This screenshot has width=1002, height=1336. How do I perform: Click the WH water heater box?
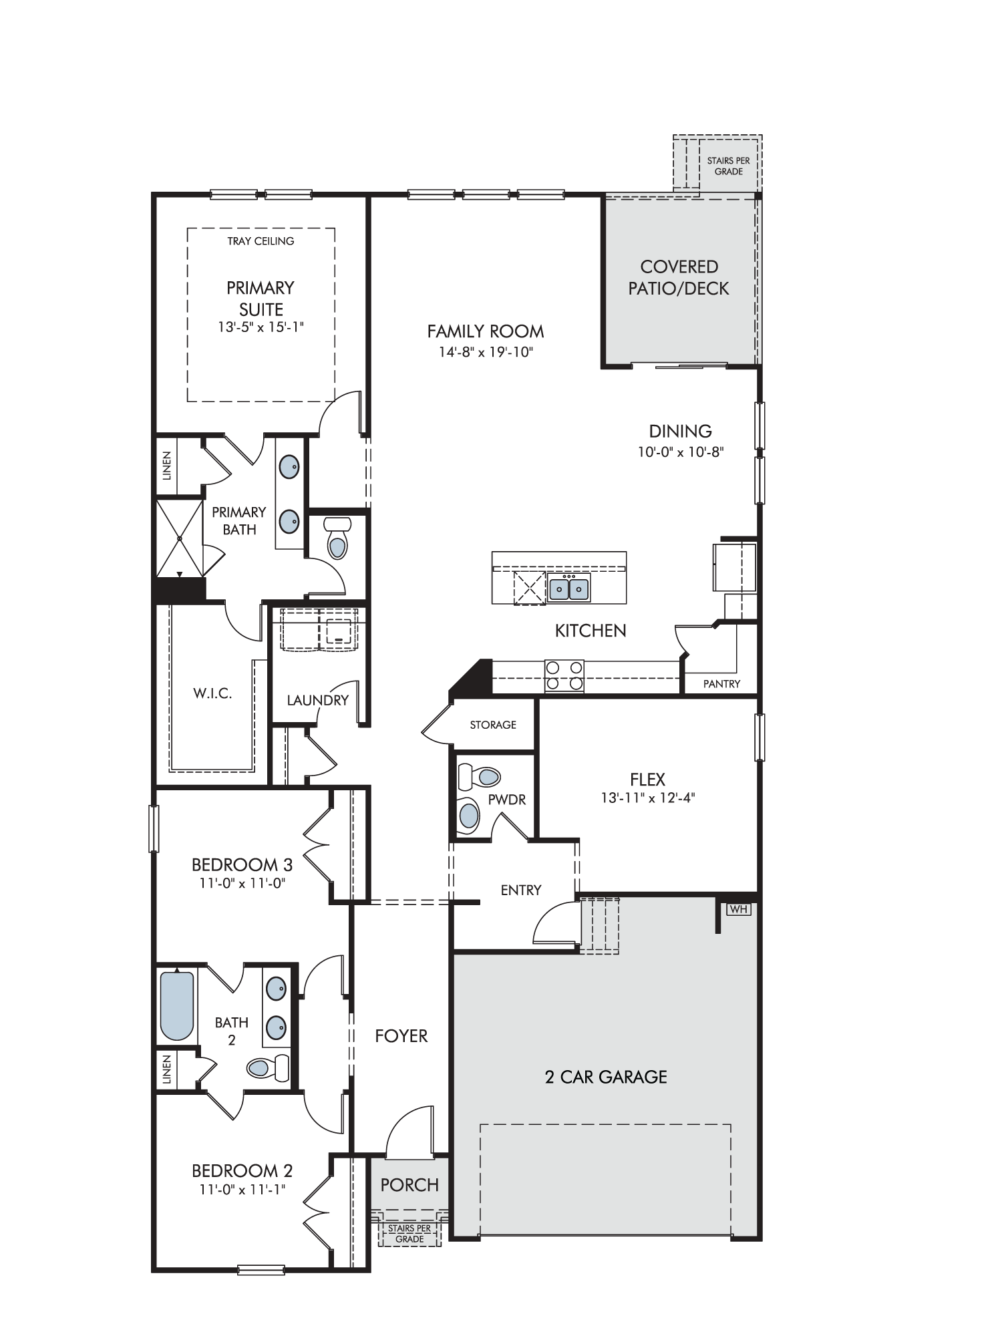coord(739,909)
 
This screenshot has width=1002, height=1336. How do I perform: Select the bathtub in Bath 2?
coord(178,1005)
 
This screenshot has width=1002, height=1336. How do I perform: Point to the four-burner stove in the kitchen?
coord(564,675)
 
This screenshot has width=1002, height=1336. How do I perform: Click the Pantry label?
coord(721,684)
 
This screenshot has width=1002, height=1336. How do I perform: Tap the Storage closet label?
coord(493,725)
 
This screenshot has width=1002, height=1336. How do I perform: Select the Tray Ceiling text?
coord(261,241)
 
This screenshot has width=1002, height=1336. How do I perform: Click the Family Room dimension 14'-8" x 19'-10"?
coord(486,352)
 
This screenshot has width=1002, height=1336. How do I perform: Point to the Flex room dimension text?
coord(648,798)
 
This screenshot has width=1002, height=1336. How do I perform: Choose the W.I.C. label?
coord(212,693)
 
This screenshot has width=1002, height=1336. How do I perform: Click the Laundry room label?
coord(318,700)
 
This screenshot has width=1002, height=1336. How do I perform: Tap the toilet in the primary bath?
coord(338,538)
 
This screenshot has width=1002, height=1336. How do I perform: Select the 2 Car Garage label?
coord(606,1077)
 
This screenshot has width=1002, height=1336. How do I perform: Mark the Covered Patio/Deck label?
coord(679,277)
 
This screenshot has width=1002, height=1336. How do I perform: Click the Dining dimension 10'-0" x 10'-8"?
coord(681,452)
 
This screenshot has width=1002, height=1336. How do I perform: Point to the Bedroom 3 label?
coord(242,865)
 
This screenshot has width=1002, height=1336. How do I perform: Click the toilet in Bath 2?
coord(268,1067)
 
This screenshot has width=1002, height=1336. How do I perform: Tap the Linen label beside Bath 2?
coord(167,1069)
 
